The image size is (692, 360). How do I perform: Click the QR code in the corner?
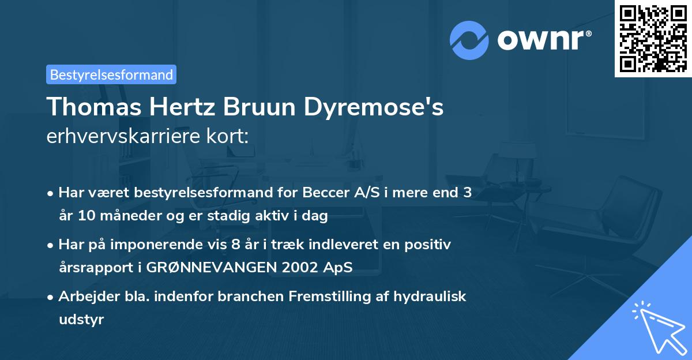click(x=652, y=39)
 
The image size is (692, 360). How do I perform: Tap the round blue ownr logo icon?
click(x=469, y=40)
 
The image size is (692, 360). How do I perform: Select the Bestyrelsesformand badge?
click(x=111, y=74)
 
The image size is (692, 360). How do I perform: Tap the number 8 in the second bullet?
click(x=235, y=245)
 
